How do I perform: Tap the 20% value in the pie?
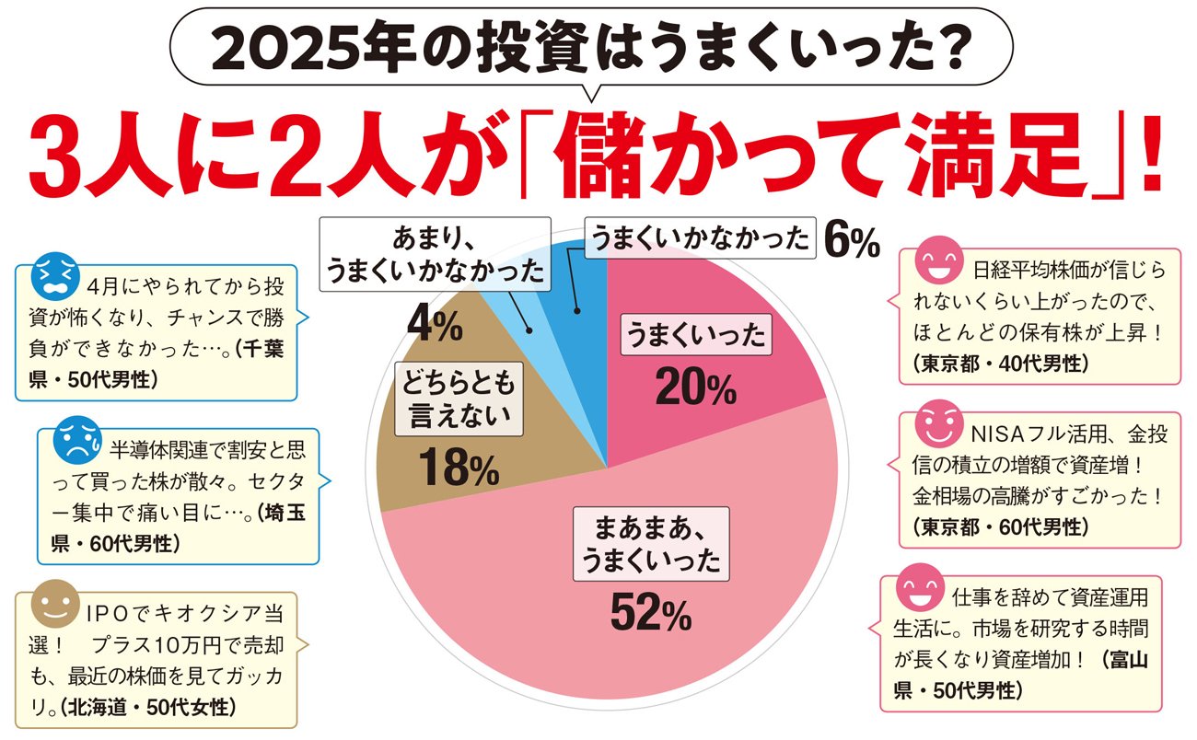tap(695, 389)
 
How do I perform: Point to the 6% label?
tap(852, 241)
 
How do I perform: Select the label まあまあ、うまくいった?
tap(650, 542)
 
